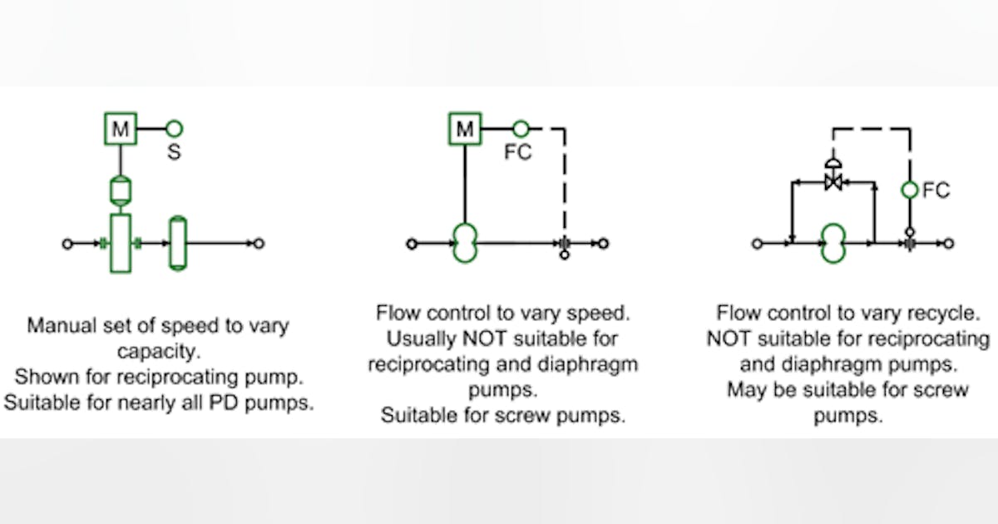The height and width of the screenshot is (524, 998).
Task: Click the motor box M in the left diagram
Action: (x=121, y=129)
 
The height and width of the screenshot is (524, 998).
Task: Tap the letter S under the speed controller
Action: (x=174, y=153)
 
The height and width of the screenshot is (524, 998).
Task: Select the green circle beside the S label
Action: (x=174, y=129)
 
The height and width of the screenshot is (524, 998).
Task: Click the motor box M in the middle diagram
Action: (x=466, y=129)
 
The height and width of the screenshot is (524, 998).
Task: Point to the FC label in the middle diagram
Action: (x=518, y=153)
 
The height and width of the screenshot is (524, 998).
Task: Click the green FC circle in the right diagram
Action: (x=910, y=190)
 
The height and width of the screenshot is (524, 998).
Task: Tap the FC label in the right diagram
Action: (x=936, y=190)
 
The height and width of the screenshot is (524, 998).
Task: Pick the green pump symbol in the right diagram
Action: (x=832, y=244)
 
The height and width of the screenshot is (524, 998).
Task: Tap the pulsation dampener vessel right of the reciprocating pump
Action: (x=177, y=243)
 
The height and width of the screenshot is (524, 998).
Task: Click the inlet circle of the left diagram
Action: (x=67, y=244)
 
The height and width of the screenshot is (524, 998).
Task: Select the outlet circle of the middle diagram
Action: (x=604, y=244)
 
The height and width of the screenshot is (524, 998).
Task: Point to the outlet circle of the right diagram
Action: (x=949, y=244)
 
